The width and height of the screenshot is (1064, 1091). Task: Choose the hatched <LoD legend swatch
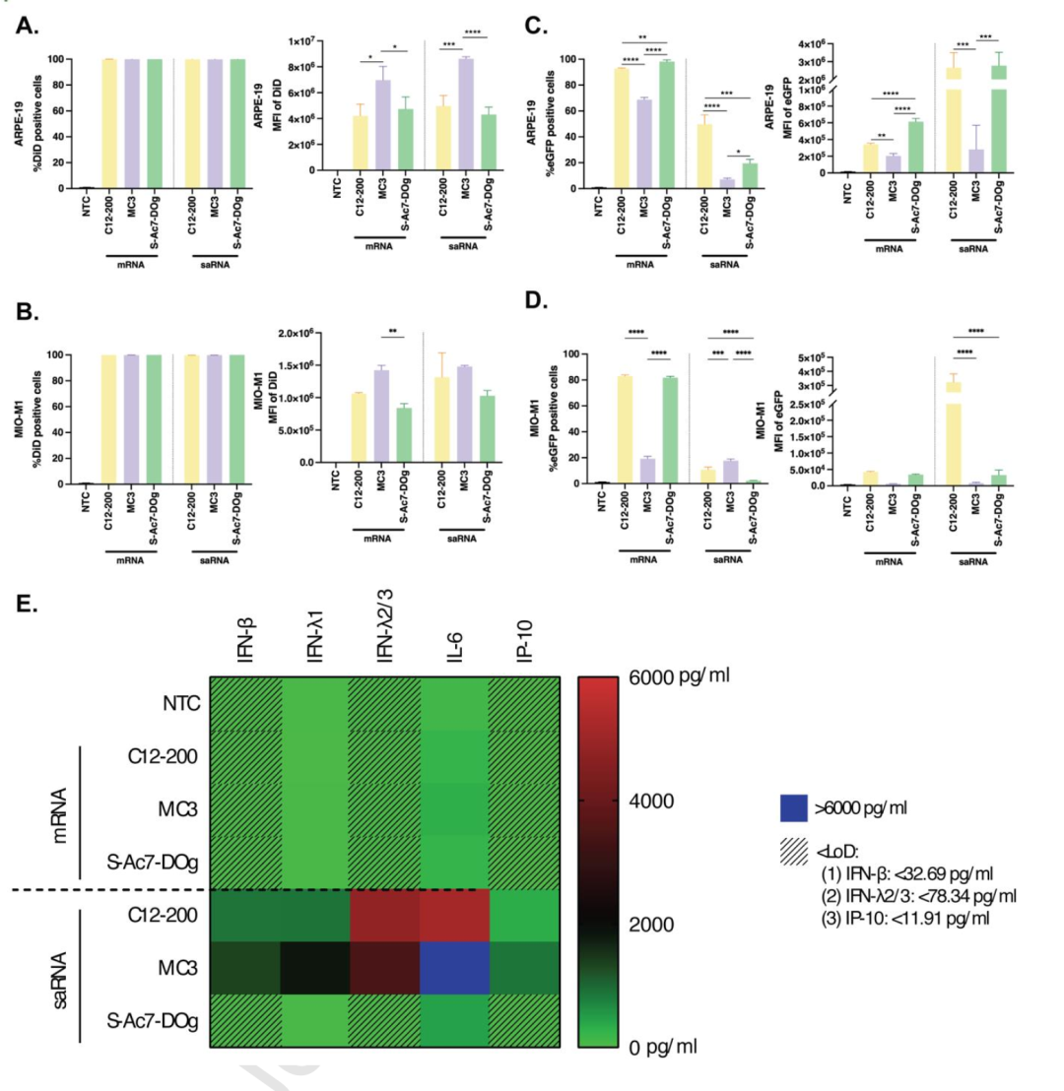coord(786,849)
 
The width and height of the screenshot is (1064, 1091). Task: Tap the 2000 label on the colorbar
coord(654,925)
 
